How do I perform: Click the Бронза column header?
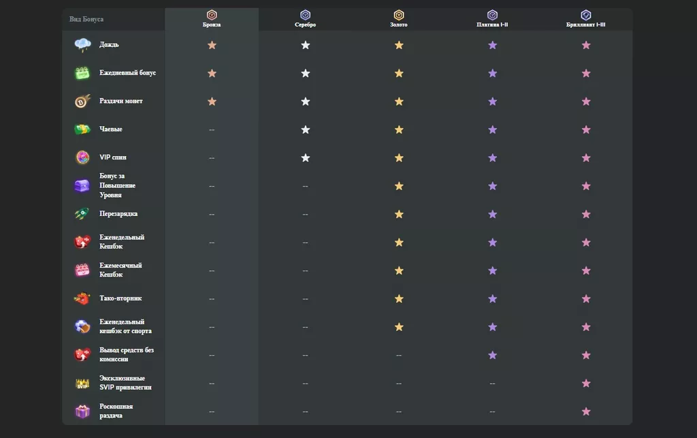[x=212, y=25]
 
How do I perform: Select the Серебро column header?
[x=305, y=25]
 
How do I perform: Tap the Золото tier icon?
[x=399, y=15]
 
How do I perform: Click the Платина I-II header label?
[x=492, y=25]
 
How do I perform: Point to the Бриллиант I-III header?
[x=586, y=25]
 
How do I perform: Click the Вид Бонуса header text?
[x=86, y=19]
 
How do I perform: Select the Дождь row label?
[x=109, y=45]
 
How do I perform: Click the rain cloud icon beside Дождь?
[x=82, y=45]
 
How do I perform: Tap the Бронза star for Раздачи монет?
[x=212, y=101]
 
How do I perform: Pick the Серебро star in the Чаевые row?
[x=306, y=129]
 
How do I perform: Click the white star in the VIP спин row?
[x=306, y=158]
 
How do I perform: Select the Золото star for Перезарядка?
[x=399, y=215]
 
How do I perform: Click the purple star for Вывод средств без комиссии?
[x=492, y=355]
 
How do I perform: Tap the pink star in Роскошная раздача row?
[x=586, y=411]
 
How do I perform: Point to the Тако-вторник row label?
[x=120, y=298]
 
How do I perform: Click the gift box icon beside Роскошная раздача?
[x=82, y=411]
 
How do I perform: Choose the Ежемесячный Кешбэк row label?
[x=120, y=270]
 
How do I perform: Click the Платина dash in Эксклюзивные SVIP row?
[x=492, y=384]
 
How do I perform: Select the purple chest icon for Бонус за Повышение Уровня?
[x=82, y=186]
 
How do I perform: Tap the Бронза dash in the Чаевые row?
[x=212, y=129]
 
